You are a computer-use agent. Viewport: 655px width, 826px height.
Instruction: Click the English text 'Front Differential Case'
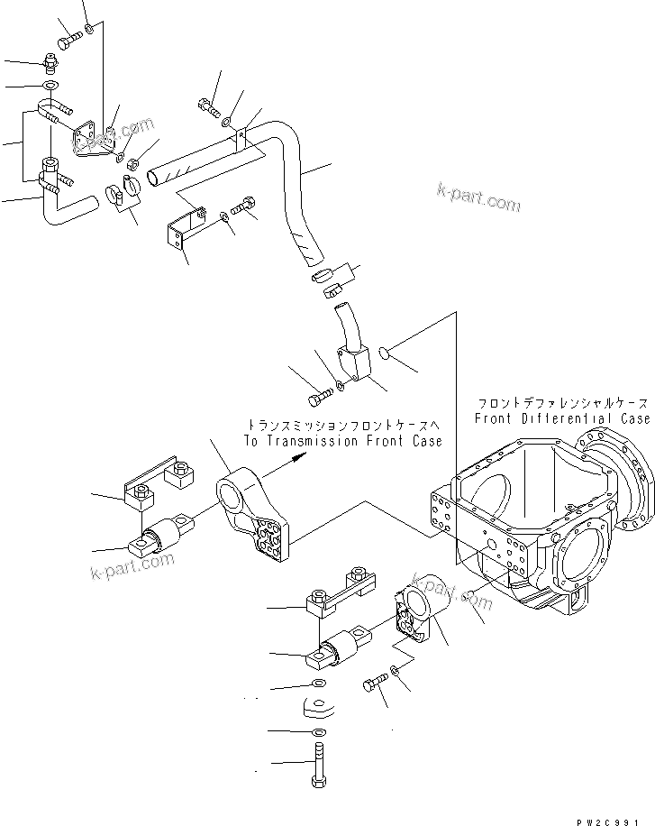tap(562, 419)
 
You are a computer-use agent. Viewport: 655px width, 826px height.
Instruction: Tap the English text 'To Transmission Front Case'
tap(342, 441)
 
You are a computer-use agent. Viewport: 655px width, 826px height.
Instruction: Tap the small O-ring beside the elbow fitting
tap(384, 351)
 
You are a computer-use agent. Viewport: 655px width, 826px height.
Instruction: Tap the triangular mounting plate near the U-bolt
tap(91, 138)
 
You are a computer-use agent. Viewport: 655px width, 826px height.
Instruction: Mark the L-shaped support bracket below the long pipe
tap(181, 230)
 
